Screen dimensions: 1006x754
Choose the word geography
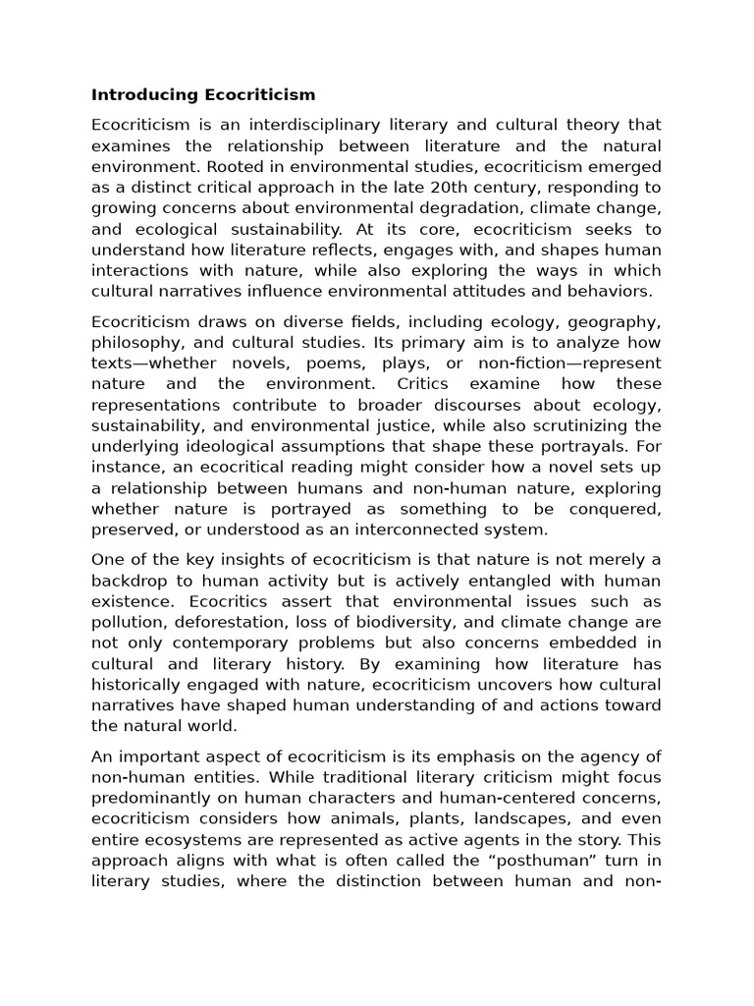coord(617,321)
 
